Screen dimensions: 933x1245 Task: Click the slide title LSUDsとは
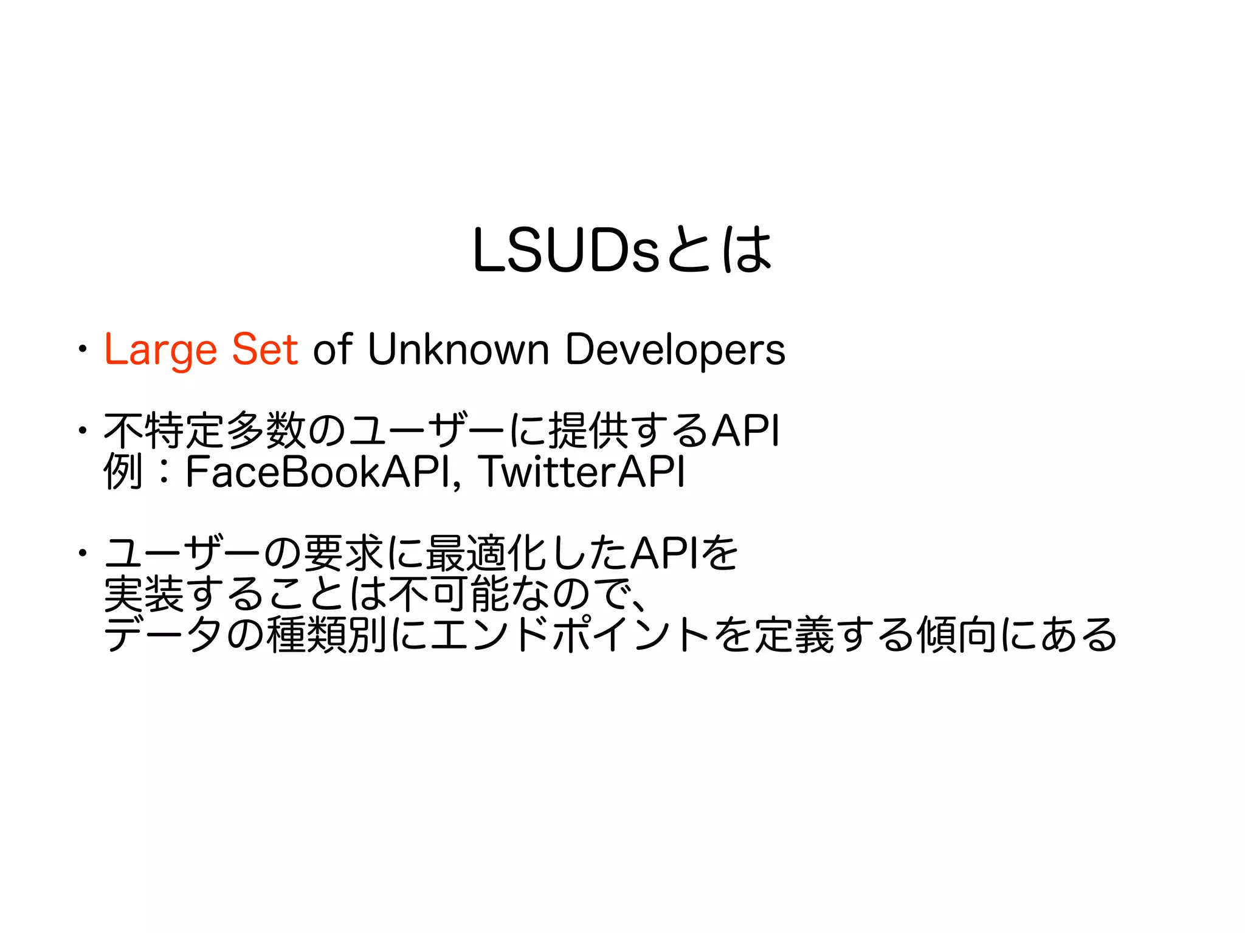click(622, 250)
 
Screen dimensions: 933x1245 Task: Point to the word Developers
click(675, 350)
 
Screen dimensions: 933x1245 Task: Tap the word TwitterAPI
click(582, 472)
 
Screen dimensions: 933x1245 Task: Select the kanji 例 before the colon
click(123, 472)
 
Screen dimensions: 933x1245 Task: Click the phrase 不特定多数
click(204, 430)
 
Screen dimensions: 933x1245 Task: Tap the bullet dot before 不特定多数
click(81, 431)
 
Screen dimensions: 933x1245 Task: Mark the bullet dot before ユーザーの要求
click(81, 553)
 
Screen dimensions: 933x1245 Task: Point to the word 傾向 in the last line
click(956, 635)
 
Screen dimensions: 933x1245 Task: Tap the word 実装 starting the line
click(143, 594)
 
